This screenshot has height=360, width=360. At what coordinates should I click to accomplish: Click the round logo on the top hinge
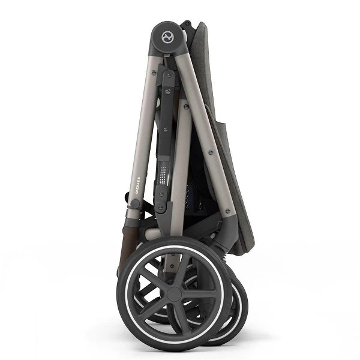[166, 38]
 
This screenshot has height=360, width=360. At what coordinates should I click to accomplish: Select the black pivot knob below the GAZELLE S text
[137, 204]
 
